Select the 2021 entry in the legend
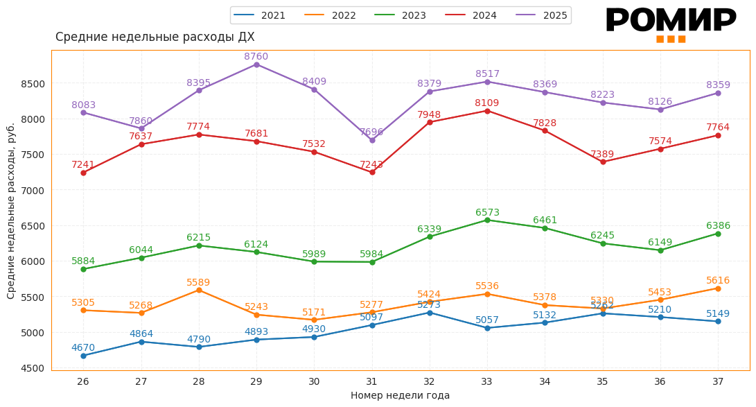tap(261, 15)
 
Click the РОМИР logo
tap(671, 24)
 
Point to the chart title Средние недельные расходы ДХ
tap(155, 37)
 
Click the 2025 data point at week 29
tap(256, 64)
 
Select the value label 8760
tap(256, 56)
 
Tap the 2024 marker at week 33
tap(487, 111)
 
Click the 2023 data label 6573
tap(487, 213)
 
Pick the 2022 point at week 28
tap(199, 290)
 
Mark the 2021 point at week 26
tap(83, 356)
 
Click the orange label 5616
tap(718, 281)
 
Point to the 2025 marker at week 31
tap(372, 140)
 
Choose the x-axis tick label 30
tap(314, 381)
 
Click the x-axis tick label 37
tap(718, 381)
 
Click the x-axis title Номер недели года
tap(400, 395)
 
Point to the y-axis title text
tap(11, 211)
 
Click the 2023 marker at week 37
tap(718, 234)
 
